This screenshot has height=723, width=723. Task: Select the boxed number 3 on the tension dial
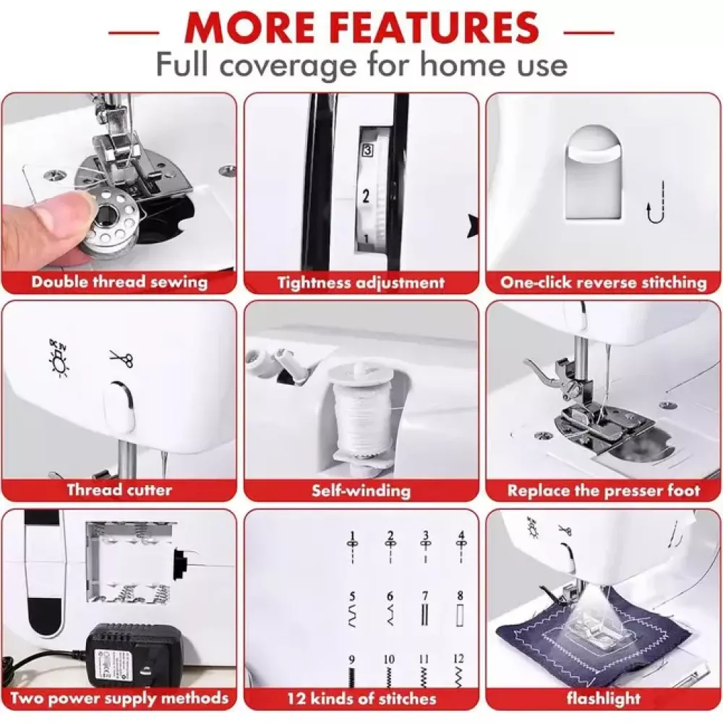[x=367, y=150]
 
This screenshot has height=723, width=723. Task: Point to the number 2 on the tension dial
[x=366, y=196]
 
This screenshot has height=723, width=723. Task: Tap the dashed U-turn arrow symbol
[x=656, y=203]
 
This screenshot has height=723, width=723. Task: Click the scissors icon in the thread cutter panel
[x=121, y=359]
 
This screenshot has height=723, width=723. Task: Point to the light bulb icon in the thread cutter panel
[x=59, y=358]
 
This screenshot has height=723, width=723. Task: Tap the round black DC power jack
[x=179, y=563]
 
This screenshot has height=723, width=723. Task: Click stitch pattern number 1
[x=353, y=548]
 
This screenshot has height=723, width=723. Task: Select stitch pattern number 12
[x=458, y=672]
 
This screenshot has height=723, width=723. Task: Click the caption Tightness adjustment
[x=361, y=283]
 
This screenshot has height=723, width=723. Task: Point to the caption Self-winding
[x=361, y=490]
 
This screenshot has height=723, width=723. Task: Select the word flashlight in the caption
[x=604, y=698]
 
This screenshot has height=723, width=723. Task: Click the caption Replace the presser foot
[x=604, y=491]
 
